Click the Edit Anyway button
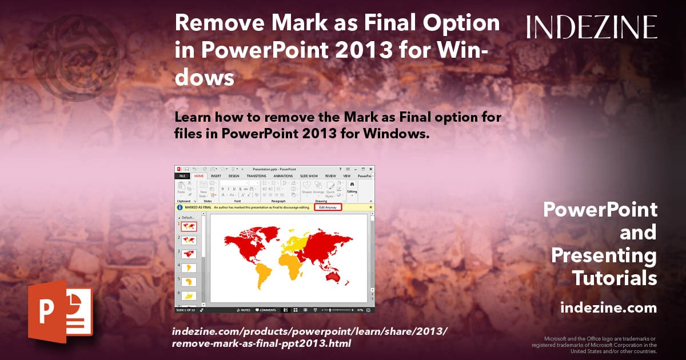pos(328,207)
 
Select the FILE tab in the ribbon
pos(182,176)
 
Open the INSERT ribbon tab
pos(216,176)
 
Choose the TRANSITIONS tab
pos(256,176)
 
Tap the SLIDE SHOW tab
pos(309,176)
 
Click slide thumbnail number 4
pos(189,267)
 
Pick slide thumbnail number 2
pos(189,240)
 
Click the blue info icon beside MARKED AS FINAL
pos(180,207)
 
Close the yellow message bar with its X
pos(371,207)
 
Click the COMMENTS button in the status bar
pos(266,310)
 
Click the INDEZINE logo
pos(592,27)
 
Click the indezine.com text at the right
pos(608,308)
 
